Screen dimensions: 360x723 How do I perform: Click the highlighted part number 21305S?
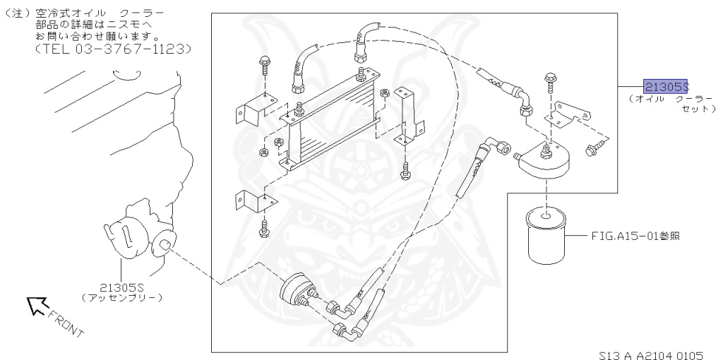(665, 87)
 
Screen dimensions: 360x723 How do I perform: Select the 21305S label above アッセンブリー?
(121, 287)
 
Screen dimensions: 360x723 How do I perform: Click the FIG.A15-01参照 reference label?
(635, 236)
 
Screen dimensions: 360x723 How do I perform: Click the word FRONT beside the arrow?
(67, 321)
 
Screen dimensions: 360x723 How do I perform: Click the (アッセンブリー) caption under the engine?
(121, 298)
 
